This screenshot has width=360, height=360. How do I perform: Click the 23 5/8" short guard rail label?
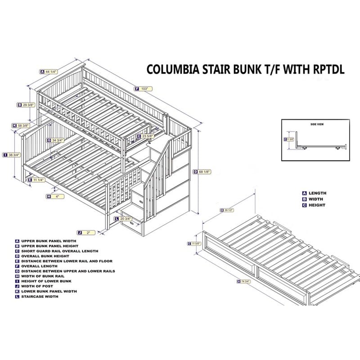point(146,136)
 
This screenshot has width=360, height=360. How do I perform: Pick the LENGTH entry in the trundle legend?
point(317,193)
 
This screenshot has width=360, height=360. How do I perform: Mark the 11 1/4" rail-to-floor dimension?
point(38,180)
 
